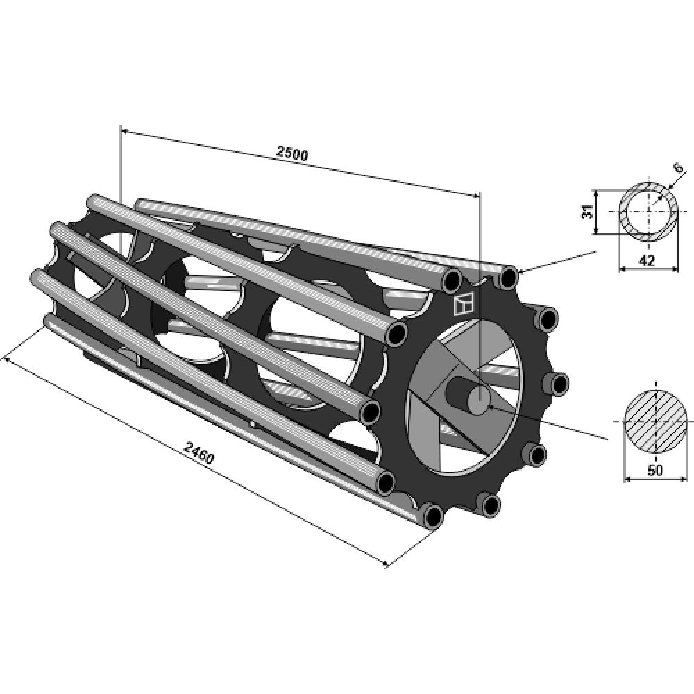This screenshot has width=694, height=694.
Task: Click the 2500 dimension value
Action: click(x=291, y=153)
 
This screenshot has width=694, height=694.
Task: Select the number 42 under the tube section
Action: click(x=647, y=260)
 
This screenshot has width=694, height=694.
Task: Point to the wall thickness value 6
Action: click(x=677, y=168)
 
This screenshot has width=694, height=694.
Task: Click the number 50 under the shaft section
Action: click(x=655, y=470)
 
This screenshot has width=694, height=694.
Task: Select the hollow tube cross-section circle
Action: click(x=648, y=211)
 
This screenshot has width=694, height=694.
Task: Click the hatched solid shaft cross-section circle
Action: click(x=657, y=421)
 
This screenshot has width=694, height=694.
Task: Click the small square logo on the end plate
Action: click(x=462, y=305)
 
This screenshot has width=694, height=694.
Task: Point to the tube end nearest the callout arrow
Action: click(x=509, y=278)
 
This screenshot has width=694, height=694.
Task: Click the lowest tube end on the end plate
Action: click(x=432, y=516)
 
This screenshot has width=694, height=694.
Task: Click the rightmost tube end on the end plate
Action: click(x=557, y=383)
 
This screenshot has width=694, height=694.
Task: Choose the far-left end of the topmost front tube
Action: click(x=94, y=203)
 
